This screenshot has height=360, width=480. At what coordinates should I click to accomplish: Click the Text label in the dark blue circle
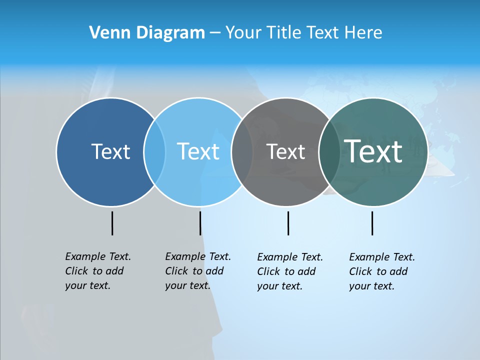coord(110,151)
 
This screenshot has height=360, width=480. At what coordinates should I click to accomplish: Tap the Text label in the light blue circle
coord(198,151)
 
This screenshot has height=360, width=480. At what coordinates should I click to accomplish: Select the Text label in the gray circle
coord(285,151)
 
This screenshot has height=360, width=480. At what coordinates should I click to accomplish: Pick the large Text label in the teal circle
coord(373,151)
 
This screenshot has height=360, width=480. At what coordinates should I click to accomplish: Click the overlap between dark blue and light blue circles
coord(154,151)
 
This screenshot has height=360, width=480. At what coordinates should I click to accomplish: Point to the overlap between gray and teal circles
coord(329,151)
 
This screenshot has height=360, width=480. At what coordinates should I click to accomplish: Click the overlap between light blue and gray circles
coord(242,151)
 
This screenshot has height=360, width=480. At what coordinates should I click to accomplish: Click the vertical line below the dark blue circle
coord(112,223)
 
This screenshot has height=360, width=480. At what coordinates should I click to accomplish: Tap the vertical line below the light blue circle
coord(200,223)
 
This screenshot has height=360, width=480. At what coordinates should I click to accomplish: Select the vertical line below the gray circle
coord(288,223)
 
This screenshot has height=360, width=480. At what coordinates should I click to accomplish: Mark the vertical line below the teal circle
coord(372,223)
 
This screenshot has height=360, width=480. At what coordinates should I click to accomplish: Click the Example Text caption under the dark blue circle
coord(97,271)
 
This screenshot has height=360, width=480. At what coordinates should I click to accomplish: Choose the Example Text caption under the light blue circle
coord(197,271)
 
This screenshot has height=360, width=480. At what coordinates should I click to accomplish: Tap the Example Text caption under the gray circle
coord(289,271)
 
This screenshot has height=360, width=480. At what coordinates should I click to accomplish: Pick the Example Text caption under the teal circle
coord(381,271)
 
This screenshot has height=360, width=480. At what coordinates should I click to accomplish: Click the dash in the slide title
coord(215,33)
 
